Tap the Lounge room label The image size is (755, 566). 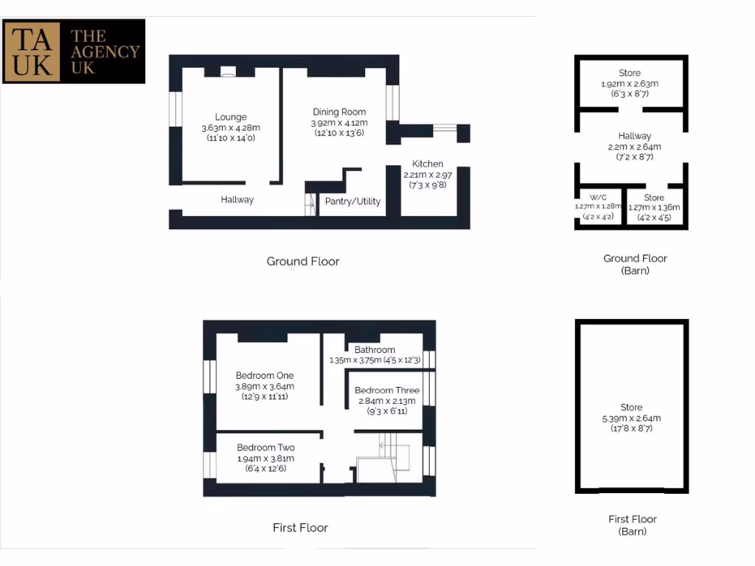coord(231,117)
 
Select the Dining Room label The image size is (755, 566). coord(339,112)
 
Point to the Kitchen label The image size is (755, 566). coord(428,164)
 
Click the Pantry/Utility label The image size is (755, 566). coord(353,201)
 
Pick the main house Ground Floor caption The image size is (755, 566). coord(303,261)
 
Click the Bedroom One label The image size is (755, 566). coord(265,376)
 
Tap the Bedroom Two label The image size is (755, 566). coord(265,447)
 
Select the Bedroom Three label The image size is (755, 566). coord(387,391)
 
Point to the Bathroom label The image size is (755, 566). coord(375,349)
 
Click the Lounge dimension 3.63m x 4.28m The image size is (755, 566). coord(231,127)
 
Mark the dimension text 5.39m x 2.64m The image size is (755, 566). coord(631,418)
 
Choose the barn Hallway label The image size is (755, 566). coord(634,136)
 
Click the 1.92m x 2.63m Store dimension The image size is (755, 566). coord(630,84)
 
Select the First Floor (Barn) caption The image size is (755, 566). coord(633,525)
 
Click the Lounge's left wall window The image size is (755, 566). coord(175,109)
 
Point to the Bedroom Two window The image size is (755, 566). coord(209,466)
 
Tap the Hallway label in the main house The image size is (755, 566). coord(237,200)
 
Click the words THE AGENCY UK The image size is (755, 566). coord(104,51)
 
